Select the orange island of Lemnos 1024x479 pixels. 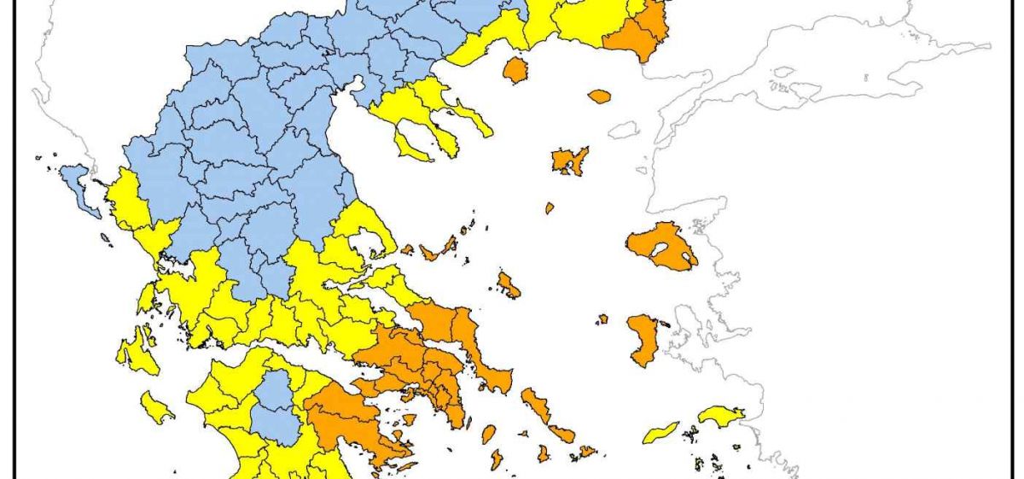(569, 160)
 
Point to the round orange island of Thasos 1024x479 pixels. (515, 69)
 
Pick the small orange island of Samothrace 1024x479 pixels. (600, 96)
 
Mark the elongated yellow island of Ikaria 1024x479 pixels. (660, 432)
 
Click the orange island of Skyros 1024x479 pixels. (509, 285)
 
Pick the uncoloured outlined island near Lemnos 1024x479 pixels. (624, 130)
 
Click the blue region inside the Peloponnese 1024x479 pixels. (275, 401)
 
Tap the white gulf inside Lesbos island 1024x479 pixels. (658, 251)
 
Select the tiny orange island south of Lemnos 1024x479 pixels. (550, 207)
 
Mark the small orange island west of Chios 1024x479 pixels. (602, 318)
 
